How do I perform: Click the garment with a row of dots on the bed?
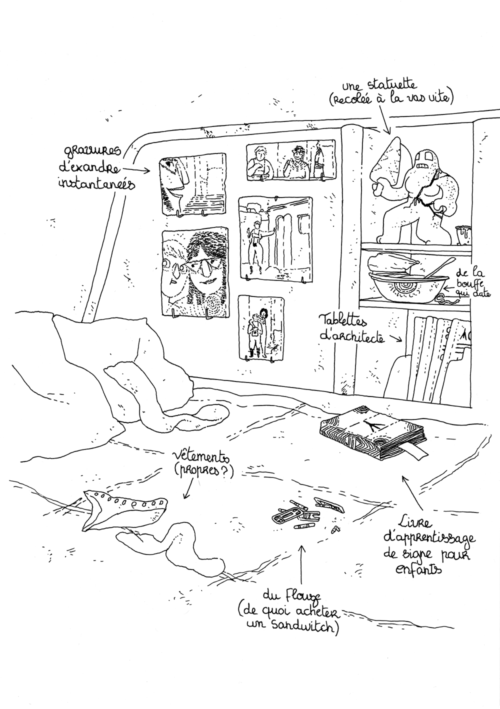[x=125, y=507]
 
